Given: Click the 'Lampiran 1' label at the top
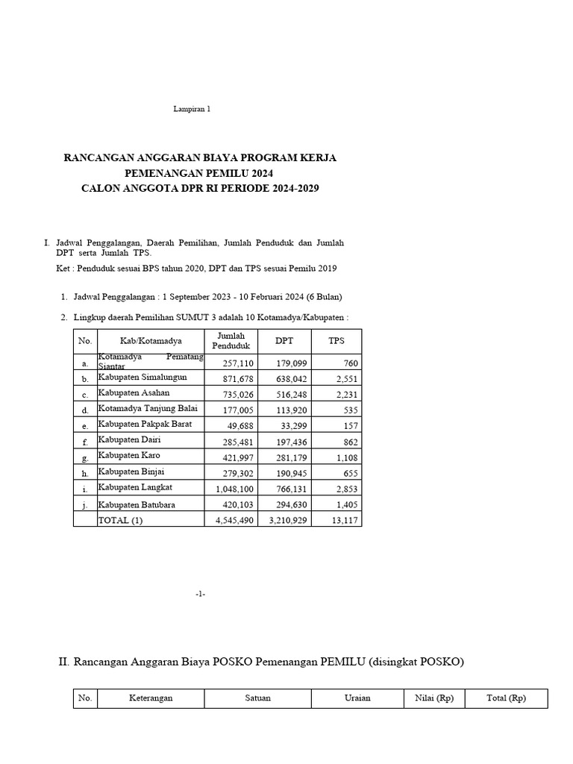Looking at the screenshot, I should [192, 109].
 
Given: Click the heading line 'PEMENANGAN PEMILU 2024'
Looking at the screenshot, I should [199, 173].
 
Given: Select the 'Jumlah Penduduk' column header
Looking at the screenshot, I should [231, 341].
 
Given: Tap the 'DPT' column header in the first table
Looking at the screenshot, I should [284, 341].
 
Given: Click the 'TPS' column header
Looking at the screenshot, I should [336, 341].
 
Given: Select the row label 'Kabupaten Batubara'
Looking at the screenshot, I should [139, 505].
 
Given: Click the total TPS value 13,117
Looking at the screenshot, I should [345, 521].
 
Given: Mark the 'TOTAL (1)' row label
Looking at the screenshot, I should [120, 521].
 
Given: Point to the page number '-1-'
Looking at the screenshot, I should [200, 594].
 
